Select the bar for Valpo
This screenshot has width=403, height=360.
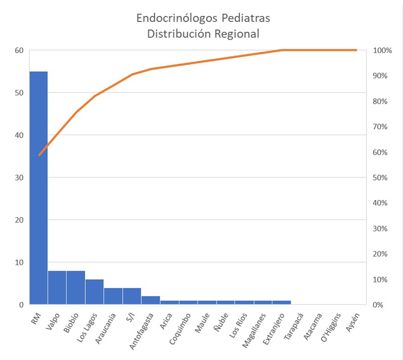[57, 287]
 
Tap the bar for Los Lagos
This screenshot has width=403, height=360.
[95, 292]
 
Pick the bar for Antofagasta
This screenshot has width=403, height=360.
[151, 300]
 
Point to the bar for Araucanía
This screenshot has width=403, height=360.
[113, 296]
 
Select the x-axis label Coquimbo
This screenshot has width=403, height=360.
[180, 326]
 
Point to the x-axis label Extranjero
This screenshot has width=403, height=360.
[274, 327]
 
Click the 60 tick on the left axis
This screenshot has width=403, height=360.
[19, 50]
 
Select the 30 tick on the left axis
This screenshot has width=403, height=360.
[19, 177]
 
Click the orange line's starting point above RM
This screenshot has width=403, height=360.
[39, 155]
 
